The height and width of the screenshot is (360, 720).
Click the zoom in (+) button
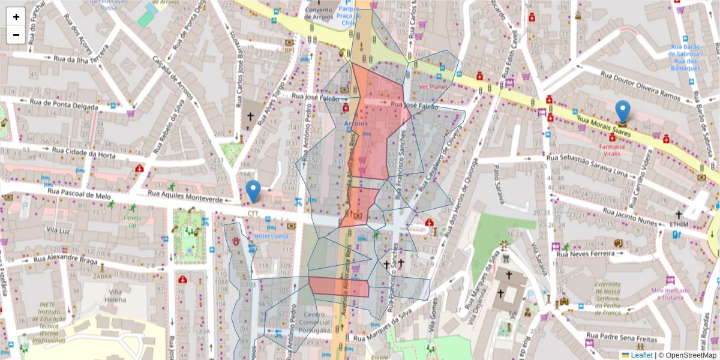(16, 17)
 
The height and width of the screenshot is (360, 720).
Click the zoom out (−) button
(16, 35)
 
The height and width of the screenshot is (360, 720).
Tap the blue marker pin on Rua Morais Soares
(623, 112)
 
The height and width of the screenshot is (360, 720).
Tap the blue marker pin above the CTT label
(254, 191)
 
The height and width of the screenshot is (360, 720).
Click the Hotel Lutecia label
(271, 236)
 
